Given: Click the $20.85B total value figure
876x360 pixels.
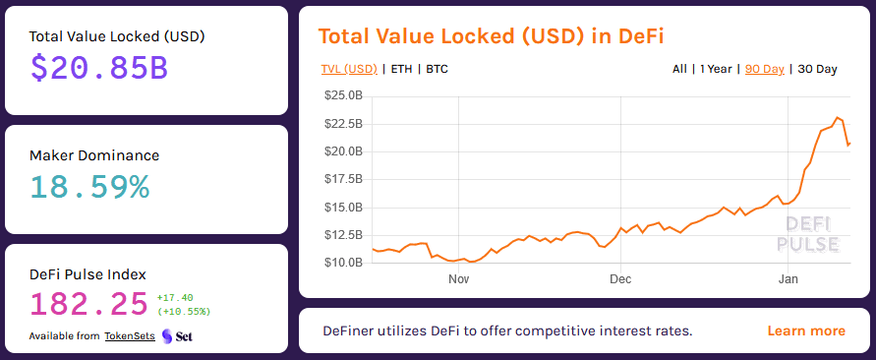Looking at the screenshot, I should [98, 67].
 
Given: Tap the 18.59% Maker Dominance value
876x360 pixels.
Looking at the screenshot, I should [89, 186].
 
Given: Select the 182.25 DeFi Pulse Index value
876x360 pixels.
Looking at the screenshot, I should [89, 304].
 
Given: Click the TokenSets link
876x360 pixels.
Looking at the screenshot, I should [130, 336].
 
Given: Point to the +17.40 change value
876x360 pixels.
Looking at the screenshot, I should [175, 297].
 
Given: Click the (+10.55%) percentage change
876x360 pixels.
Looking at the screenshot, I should [183, 312].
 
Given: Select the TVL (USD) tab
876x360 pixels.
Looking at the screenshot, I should [349, 69].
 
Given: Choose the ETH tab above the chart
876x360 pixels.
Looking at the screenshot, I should [401, 69].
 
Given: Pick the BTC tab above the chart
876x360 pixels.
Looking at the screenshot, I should [438, 69].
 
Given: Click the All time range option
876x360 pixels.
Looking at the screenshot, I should [679, 69].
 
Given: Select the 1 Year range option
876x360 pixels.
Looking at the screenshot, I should [716, 69].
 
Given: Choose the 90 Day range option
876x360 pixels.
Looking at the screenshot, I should [765, 69].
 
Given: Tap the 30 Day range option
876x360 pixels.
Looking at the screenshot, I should [817, 69].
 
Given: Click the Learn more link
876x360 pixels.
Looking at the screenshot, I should [805, 330].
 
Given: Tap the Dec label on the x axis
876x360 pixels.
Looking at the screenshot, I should [619, 279].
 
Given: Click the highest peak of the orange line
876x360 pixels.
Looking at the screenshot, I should [838, 118].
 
